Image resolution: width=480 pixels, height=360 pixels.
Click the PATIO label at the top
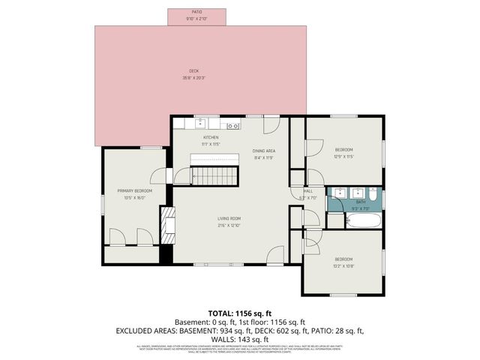(197, 12)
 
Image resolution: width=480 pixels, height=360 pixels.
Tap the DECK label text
(194, 71)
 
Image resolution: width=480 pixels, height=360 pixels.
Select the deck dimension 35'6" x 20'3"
(194, 78)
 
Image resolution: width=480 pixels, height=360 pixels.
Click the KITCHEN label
(211, 138)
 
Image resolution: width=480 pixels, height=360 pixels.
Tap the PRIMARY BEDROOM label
(135, 191)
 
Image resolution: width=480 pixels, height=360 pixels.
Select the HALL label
(308, 191)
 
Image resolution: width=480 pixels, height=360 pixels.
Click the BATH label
(361, 201)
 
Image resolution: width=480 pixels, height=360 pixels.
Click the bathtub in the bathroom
(364, 220)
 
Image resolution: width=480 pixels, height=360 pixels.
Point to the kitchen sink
(200, 124)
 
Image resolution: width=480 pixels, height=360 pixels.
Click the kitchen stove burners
(234, 124)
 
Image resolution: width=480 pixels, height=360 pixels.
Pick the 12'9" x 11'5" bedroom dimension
(343, 156)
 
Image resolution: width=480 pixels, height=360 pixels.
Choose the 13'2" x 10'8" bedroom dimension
(343, 265)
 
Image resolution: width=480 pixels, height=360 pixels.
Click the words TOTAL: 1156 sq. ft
(240, 313)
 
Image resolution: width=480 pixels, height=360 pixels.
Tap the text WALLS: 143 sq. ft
(240, 338)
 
